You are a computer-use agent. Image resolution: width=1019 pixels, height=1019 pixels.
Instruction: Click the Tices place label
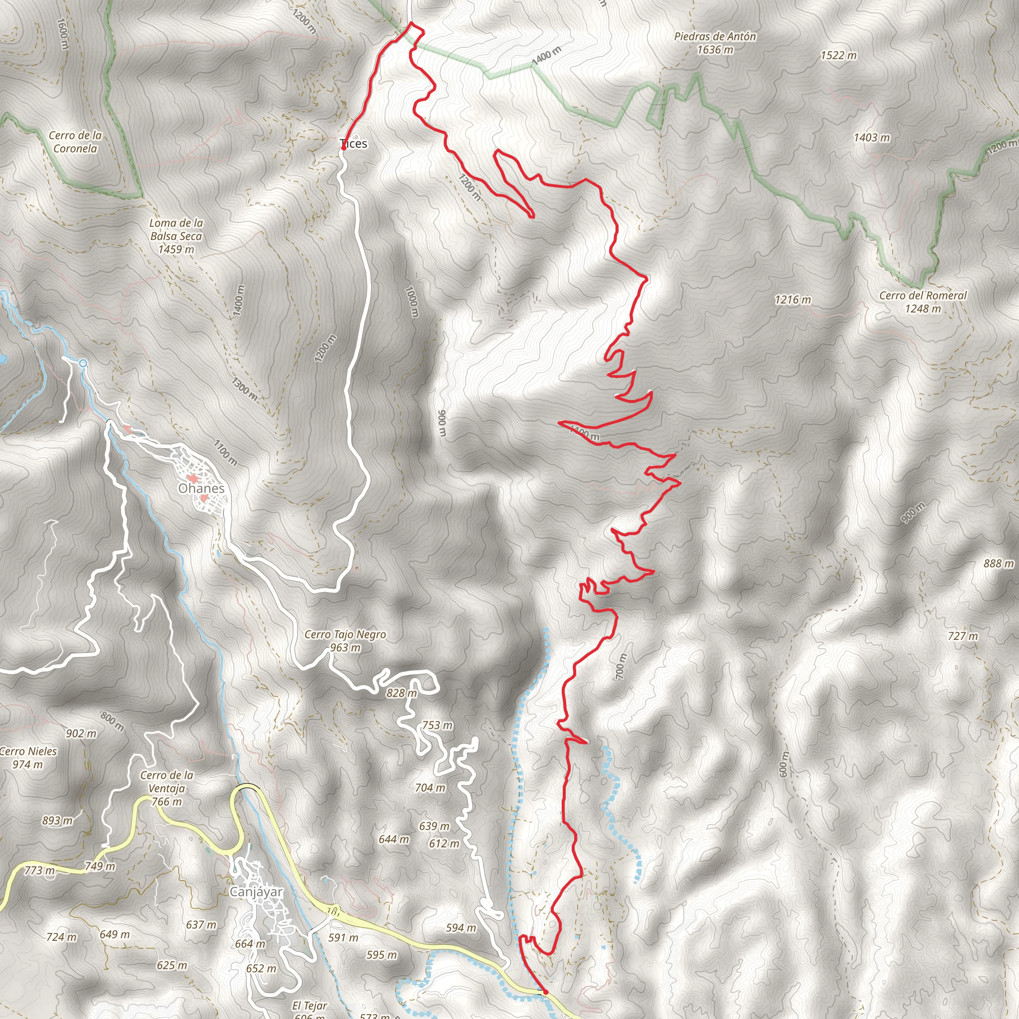(x=354, y=143)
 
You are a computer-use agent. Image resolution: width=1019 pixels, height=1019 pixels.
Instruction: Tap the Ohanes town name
(x=201, y=489)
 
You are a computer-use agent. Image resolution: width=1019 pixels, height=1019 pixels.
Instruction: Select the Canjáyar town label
(x=256, y=892)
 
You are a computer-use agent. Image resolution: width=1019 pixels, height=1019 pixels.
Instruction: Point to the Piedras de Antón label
(x=714, y=43)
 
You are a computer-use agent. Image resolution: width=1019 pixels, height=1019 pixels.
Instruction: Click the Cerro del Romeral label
(x=922, y=302)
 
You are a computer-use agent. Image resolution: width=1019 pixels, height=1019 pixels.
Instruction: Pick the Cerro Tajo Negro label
(x=345, y=641)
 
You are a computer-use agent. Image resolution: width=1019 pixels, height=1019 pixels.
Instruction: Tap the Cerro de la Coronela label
(x=75, y=142)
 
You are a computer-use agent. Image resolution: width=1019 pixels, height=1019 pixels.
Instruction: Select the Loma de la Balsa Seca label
(x=176, y=236)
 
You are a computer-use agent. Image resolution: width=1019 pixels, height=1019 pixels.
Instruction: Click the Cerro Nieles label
(x=28, y=758)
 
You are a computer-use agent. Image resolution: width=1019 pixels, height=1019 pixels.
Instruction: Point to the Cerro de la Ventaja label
(x=167, y=789)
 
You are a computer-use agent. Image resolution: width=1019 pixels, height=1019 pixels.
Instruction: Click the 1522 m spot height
(x=838, y=55)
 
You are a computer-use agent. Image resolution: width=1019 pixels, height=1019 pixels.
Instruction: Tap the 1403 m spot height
(x=872, y=138)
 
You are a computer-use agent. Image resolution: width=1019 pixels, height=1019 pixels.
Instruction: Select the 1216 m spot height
(x=793, y=300)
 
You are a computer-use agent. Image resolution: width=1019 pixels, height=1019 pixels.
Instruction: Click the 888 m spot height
(x=999, y=563)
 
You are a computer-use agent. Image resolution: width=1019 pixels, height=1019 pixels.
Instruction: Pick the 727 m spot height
(x=963, y=636)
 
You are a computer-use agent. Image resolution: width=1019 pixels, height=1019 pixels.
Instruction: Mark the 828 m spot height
(x=402, y=693)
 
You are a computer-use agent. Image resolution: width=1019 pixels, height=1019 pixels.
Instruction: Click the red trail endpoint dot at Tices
(x=343, y=149)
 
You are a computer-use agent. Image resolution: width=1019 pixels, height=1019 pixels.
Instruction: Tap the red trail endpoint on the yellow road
(x=545, y=992)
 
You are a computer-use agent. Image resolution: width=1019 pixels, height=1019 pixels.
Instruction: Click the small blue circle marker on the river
(x=83, y=363)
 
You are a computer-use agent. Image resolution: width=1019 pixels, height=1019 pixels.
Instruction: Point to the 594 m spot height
(x=460, y=928)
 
